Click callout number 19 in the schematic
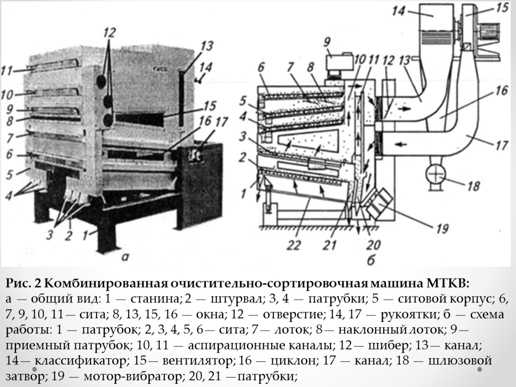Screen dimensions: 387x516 click(442, 229)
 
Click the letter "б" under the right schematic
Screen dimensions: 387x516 click(359, 258)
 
